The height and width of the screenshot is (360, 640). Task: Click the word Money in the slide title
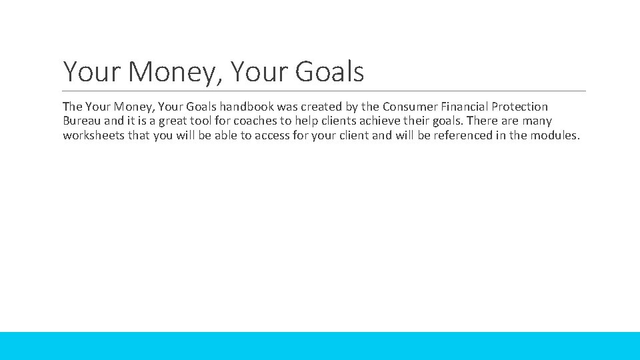point(169,72)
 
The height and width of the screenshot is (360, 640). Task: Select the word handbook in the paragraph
point(249,107)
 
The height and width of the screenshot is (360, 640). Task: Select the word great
point(173,121)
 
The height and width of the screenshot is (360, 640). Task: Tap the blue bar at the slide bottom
point(320,346)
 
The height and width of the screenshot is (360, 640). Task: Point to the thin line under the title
point(324,91)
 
